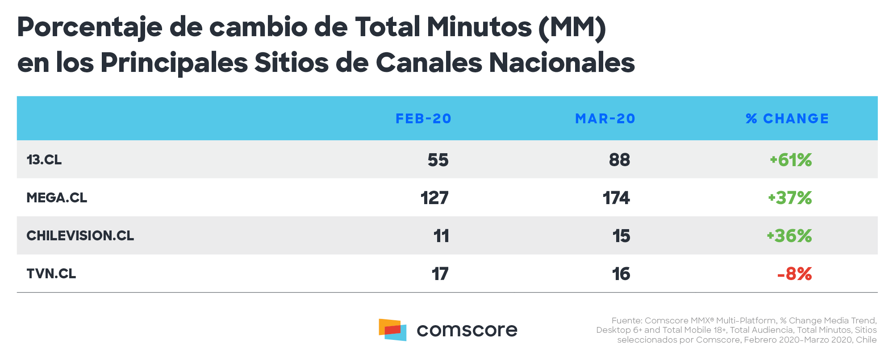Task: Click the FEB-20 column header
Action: pos(423,118)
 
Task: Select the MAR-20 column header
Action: pos(605,118)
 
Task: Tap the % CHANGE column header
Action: pos(787,118)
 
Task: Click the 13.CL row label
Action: pos(44,159)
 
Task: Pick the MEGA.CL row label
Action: pos(57,197)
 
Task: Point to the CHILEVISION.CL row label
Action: pos(80,235)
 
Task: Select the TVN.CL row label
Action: pos(51,273)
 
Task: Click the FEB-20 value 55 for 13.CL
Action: pos(438,160)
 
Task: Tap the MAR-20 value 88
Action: pos(619,160)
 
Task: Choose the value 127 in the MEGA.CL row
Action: pos(434,198)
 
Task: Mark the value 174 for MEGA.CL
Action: pos(616,198)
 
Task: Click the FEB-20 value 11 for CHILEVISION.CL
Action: pos(441,236)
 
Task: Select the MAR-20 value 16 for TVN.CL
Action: pos(621,274)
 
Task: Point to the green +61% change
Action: pos(791,160)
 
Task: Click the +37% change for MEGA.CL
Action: pos(790,198)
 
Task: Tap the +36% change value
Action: pos(789,236)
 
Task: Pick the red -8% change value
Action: pos(794,274)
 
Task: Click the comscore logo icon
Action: pos(392,330)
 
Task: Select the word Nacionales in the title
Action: pos(562,63)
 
